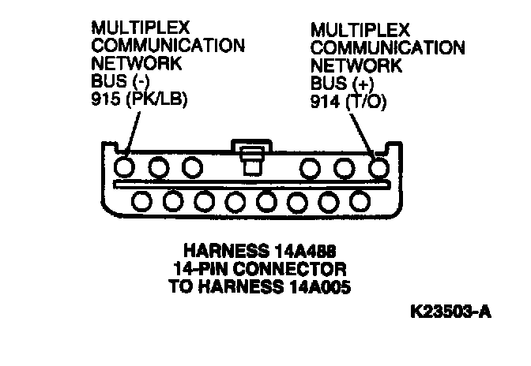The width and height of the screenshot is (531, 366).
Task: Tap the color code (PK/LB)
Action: (x=154, y=100)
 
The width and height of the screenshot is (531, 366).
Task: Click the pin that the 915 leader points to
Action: (x=124, y=166)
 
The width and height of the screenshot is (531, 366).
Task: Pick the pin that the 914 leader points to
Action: (x=378, y=166)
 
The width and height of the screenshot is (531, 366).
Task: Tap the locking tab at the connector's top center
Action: (x=251, y=156)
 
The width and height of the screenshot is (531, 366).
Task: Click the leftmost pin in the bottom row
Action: (x=143, y=201)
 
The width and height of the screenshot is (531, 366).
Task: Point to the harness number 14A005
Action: (x=314, y=286)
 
